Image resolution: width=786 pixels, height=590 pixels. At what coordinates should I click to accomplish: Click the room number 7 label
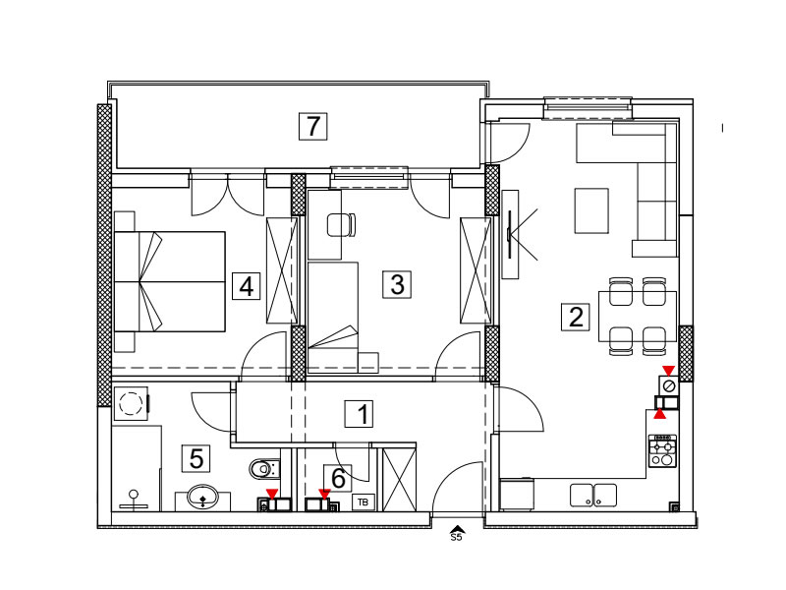(312, 127)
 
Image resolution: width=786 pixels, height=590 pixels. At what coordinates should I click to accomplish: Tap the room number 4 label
(247, 286)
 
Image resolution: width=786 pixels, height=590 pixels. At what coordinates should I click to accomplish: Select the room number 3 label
(397, 284)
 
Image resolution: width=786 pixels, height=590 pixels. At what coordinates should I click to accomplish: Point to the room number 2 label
(576, 317)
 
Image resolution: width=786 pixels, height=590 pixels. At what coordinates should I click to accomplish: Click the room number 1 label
(359, 414)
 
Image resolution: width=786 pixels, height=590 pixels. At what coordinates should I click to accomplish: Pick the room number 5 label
(196, 458)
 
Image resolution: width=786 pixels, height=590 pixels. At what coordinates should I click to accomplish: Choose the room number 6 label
(338, 478)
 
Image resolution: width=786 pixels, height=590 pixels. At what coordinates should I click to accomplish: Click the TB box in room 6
(363, 501)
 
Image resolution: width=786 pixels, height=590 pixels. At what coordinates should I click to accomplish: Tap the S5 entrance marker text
(456, 538)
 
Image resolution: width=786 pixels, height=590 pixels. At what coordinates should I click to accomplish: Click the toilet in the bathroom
(264, 470)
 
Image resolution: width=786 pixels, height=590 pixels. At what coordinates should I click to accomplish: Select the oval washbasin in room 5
(202, 498)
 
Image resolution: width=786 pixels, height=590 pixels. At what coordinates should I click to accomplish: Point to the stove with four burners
(662, 451)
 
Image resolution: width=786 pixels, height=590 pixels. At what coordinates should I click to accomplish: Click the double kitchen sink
(593, 496)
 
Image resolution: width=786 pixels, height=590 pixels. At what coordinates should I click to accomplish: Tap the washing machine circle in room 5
(131, 403)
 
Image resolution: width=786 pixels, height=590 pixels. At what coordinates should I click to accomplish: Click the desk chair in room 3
(341, 225)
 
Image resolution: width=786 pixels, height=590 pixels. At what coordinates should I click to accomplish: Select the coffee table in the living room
(591, 210)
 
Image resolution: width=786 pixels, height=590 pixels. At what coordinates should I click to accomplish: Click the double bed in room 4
(169, 281)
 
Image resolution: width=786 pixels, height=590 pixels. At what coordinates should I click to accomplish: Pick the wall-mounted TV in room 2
(509, 234)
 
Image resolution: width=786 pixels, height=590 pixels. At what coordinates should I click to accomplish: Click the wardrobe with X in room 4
(281, 270)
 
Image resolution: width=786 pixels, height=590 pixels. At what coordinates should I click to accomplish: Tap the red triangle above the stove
(660, 414)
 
